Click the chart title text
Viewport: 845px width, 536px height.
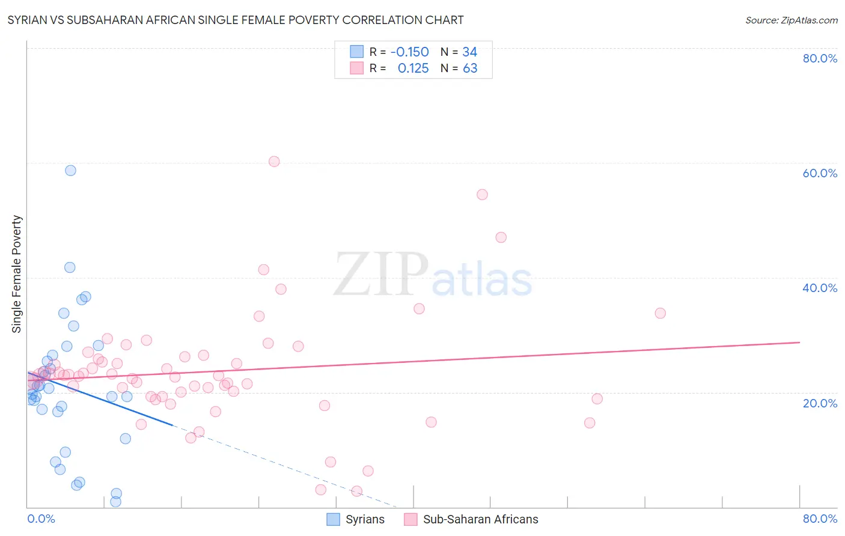click(x=236, y=20)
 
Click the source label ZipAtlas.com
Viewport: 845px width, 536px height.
click(x=791, y=20)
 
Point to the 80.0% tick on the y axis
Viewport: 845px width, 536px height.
click(x=820, y=58)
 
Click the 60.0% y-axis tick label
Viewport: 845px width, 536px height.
click(x=820, y=173)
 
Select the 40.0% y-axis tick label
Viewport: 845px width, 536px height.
click(x=820, y=288)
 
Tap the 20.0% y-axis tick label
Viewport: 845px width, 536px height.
click(x=820, y=403)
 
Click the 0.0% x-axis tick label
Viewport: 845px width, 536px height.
click(x=41, y=519)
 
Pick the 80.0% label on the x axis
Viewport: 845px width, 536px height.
click(x=820, y=519)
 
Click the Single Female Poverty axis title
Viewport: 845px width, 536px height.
click(x=17, y=274)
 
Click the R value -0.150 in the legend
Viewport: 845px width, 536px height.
click(x=409, y=52)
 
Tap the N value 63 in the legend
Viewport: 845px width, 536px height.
click(x=470, y=69)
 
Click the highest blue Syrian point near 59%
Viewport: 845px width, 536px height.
click(x=70, y=171)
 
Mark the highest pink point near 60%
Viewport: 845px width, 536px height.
click(x=274, y=162)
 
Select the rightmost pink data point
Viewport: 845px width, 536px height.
click(x=660, y=313)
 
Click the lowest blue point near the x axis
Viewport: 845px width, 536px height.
click(x=116, y=502)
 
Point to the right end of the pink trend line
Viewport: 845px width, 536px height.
click(x=799, y=342)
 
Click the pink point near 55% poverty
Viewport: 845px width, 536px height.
click(x=482, y=195)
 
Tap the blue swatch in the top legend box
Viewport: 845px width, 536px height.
click(x=357, y=52)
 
